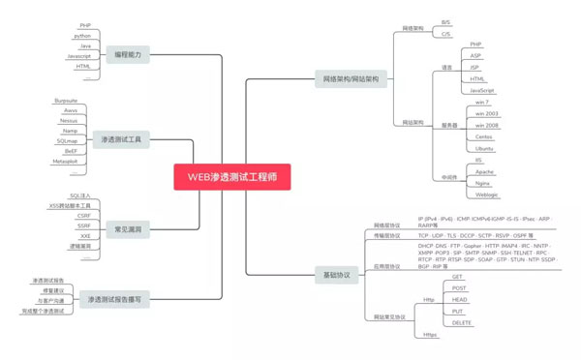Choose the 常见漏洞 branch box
(128, 229)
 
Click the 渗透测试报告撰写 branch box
(114, 300)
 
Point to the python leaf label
(82, 35)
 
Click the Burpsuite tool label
(64, 100)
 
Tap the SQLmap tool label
(67, 141)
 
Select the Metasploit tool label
(64, 163)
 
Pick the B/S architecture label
(446, 21)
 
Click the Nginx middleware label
(482, 182)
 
